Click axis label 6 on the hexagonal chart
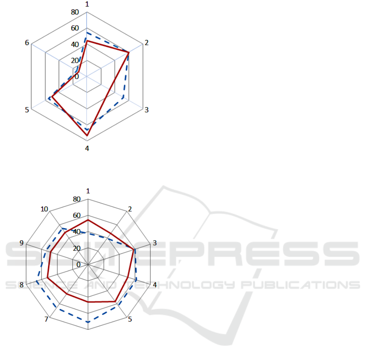pos(27,43)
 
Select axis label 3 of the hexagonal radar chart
pos(147,110)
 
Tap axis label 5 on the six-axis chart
pos(27,110)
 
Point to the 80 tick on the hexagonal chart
pos(75,12)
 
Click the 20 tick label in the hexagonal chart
pos(75,60)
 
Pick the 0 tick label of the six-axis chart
pos(77,76)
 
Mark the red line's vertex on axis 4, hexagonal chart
pos(87,136)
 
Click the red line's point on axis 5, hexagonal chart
pos(52,97)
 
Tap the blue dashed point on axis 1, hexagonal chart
pos(87,33)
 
